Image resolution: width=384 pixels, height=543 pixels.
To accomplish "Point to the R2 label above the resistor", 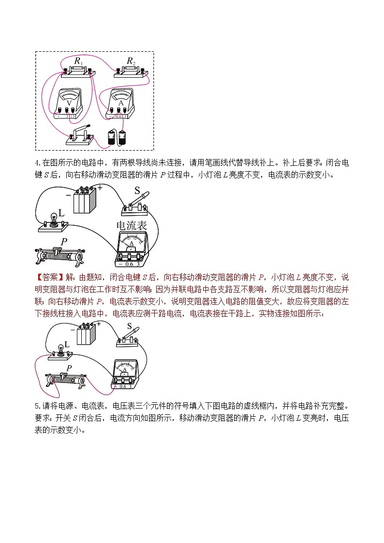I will pos(131,61).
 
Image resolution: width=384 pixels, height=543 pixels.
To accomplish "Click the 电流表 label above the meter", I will pos(132,226).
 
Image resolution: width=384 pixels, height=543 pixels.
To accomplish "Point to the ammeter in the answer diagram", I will pos(125,374).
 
